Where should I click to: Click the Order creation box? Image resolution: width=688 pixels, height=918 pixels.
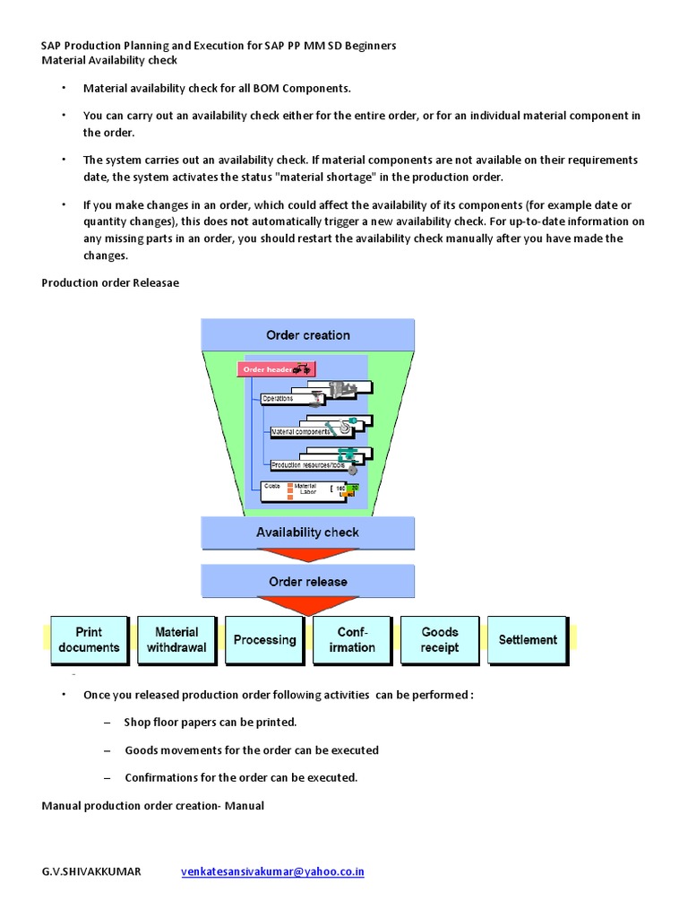pos(307,335)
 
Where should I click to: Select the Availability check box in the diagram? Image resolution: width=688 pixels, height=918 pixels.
pos(307,533)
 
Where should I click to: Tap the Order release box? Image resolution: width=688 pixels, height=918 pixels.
pos(307,582)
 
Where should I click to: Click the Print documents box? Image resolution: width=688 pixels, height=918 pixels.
pos(89,640)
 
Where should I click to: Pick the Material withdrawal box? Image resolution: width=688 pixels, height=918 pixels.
pos(176,640)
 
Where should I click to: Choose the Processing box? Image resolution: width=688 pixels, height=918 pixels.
pos(264,640)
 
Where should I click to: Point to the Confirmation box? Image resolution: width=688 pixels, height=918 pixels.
pos(352,640)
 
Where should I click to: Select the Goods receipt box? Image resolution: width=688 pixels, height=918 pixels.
pos(440,640)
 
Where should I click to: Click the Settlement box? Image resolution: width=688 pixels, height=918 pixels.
pos(528,640)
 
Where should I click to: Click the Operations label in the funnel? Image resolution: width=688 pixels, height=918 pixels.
pos(278,398)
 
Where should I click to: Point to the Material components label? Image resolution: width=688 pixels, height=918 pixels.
pos(299,432)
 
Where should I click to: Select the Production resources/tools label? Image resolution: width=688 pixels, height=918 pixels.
pos(307,465)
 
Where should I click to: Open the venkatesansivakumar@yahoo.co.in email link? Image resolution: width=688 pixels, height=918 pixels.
pos(272,871)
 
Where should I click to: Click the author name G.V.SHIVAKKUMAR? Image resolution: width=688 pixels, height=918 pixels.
pos(91,871)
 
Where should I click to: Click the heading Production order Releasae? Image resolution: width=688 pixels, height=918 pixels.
pos(110,282)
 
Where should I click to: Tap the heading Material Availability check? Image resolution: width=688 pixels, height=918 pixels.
pos(109,60)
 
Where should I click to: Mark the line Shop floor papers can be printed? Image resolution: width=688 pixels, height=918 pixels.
pos(211,722)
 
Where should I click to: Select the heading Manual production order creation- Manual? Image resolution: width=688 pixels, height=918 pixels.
pos(153,806)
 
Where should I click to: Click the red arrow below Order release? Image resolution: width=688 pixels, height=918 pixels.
pos(307,607)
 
